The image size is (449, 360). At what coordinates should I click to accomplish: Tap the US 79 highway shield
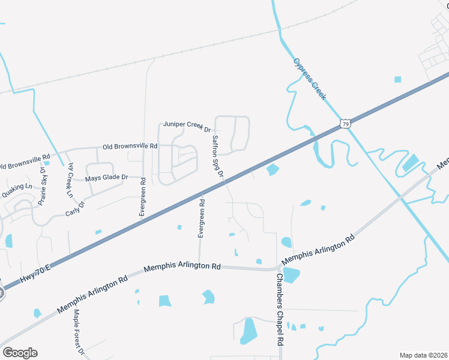[x=345, y=124]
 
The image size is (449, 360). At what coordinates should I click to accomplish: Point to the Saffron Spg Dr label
[x=217, y=157]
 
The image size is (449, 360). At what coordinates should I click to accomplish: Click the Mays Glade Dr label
[x=107, y=178]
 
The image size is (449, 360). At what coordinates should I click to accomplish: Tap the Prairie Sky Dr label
[x=43, y=191]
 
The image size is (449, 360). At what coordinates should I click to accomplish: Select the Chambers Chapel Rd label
[x=279, y=310]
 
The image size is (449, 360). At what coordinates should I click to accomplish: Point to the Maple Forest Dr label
[x=78, y=331]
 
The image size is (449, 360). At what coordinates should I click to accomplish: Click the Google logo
[x=20, y=353]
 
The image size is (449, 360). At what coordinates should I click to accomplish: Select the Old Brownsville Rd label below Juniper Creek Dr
[x=130, y=146]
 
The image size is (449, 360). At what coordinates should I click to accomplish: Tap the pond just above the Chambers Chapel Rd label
[x=291, y=275]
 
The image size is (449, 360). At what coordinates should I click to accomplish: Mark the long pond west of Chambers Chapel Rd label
[x=248, y=331]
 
